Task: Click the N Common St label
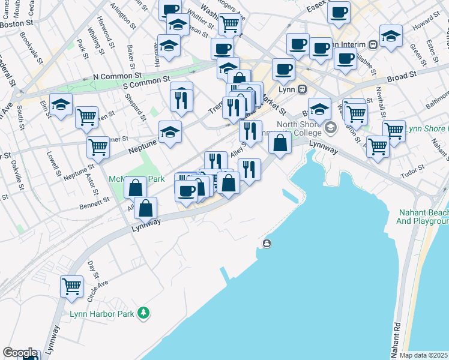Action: [117, 77]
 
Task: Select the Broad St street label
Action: [402, 76]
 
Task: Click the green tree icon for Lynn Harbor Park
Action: [143, 312]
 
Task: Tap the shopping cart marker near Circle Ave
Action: [71, 286]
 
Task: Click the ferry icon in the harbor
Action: [267, 243]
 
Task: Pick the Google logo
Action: [20, 353]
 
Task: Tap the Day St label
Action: [92, 269]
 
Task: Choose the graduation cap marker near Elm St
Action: [61, 104]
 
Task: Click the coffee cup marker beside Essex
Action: [339, 11]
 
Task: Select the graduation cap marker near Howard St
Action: [391, 35]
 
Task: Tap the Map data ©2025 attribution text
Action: [424, 355]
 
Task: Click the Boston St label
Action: [16, 25]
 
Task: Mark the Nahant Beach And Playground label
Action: [423, 217]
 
